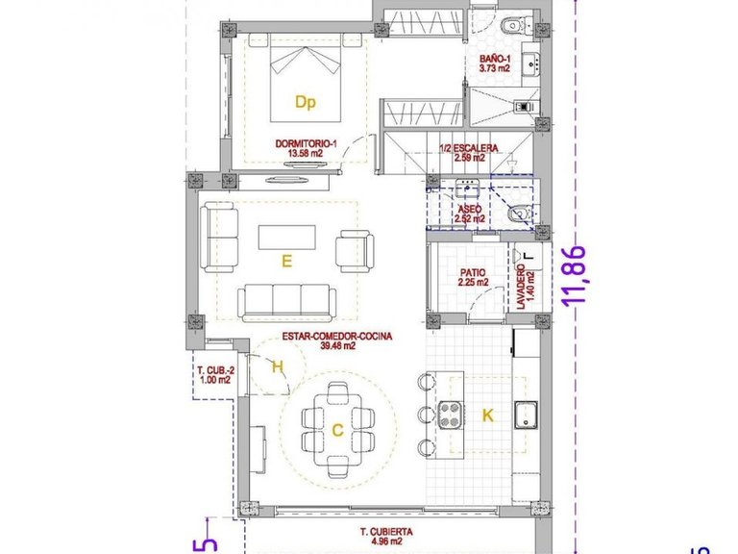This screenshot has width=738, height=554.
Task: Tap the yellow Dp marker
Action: coord(306,101)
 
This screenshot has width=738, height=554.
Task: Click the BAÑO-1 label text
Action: coord(496,63)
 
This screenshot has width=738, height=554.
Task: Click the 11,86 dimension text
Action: coord(576,276)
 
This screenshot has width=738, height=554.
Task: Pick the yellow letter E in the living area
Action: coord(286,259)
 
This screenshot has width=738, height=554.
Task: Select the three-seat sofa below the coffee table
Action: coord(286,302)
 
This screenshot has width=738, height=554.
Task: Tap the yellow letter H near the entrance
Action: coord(277,366)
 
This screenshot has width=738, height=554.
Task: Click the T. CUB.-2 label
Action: coord(213,374)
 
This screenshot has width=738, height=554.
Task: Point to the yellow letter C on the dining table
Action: coord(337,431)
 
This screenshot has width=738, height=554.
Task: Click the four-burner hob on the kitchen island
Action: coord(451,415)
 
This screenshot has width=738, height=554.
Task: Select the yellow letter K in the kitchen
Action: coord(488,415)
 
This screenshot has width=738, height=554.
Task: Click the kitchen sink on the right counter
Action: coord(524,416)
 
